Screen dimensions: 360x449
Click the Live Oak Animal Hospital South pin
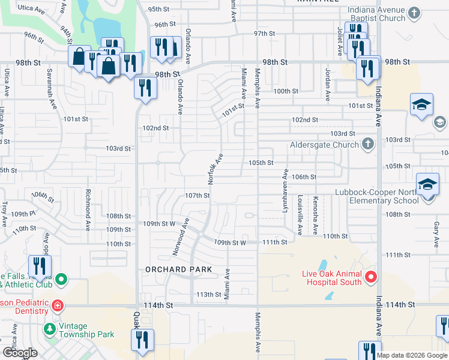point(370,277)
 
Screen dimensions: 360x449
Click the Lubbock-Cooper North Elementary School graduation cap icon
point(427,184)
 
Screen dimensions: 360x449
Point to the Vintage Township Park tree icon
point(49,329)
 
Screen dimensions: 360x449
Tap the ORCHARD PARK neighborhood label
point(179,269)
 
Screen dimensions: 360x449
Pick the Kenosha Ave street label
point(314,214)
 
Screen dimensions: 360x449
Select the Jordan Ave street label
point(328,83)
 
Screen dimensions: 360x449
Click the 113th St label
point(209,295)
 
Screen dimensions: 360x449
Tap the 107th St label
point(197,196)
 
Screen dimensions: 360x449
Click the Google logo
point(19,353)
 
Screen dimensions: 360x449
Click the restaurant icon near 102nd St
point(146,88)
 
